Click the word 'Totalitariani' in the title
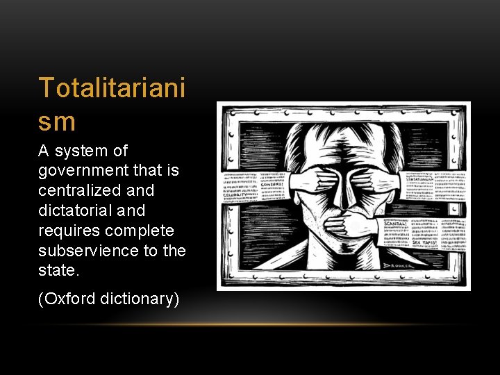pyautogui.click(x=112, y=89)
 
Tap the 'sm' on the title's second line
pyautogui.click(x=57, y=122)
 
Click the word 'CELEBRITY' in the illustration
pyautogui.click(x=239, y=195)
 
